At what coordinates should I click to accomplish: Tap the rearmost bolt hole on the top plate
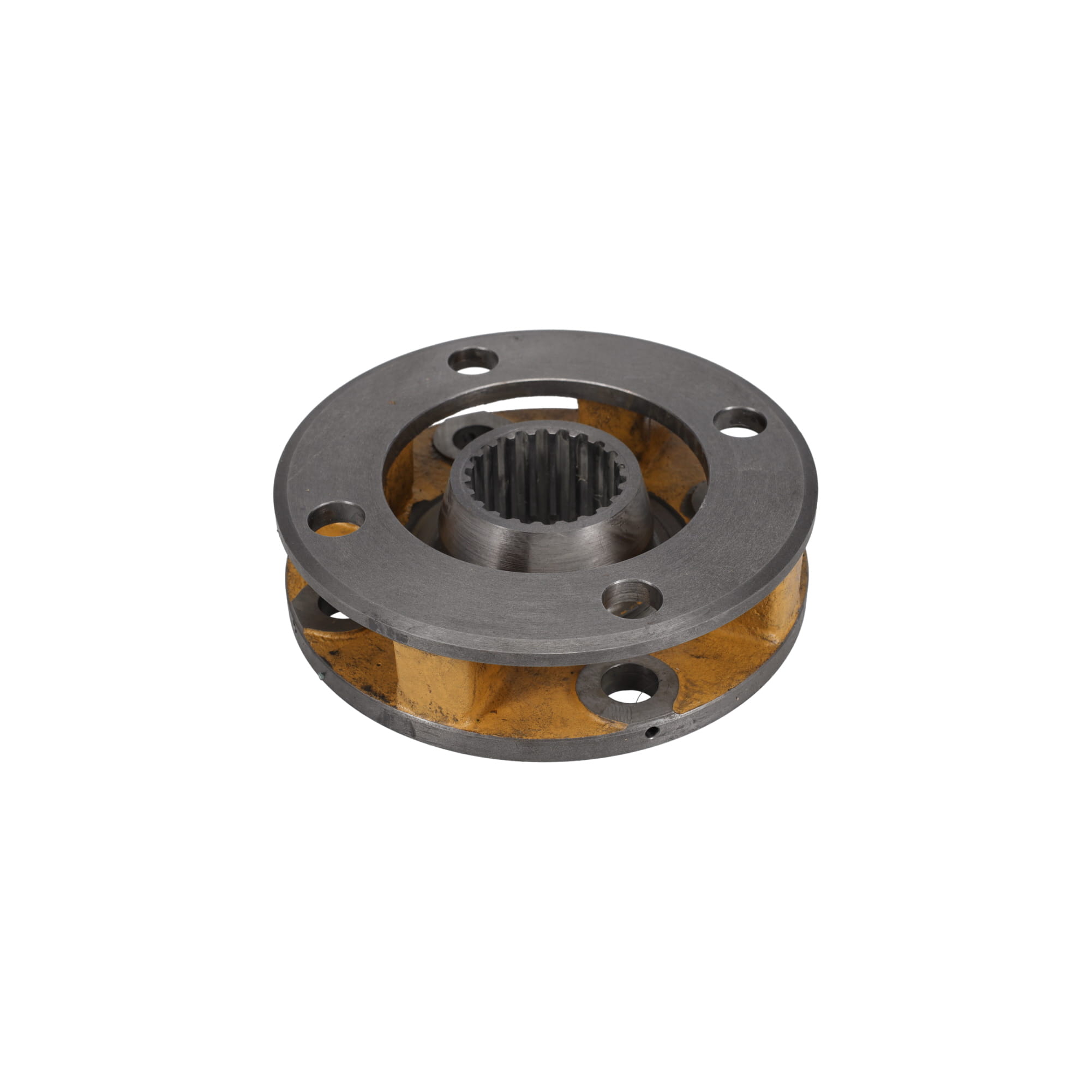pos(473,361)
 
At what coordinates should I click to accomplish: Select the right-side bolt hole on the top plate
pos(740,422)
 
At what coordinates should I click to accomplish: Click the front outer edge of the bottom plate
pos(542,748)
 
